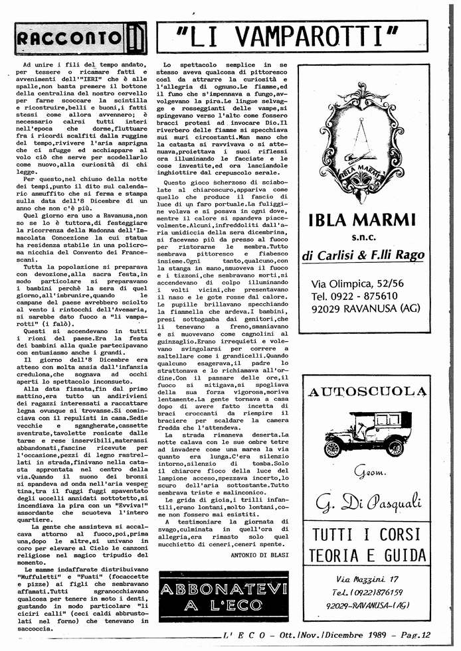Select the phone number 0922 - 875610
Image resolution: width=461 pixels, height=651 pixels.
tap(364, 296)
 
